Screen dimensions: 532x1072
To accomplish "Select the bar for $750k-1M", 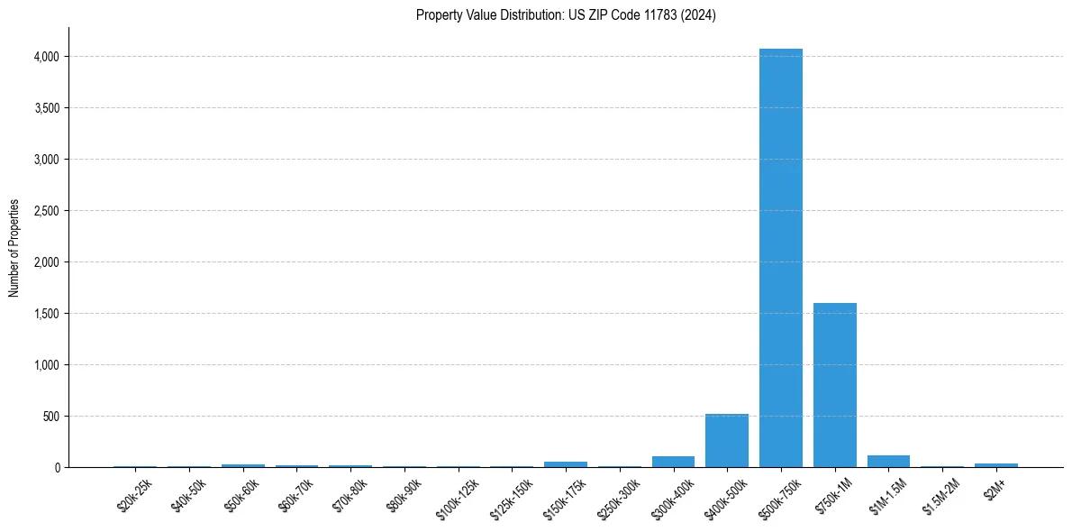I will [x=835, y=385].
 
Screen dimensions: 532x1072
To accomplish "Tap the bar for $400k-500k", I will [x=727, y=441].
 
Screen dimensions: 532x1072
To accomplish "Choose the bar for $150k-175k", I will [x=566, y=464].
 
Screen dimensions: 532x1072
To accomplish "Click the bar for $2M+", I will [x=996, y=465].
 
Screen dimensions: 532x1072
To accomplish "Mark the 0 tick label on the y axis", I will [x=57, y=468].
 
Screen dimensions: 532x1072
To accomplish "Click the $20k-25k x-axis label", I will [x=135, y=494].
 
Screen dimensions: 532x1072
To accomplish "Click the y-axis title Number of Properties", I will [x=14, y=248].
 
